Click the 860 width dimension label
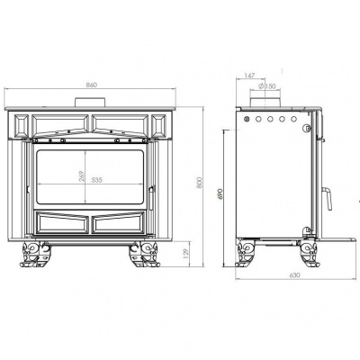pos(92,85)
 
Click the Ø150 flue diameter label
pos(268,87)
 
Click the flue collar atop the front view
pos(91,101)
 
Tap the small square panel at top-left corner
pos(19,121)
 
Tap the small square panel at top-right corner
pos(162,121)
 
